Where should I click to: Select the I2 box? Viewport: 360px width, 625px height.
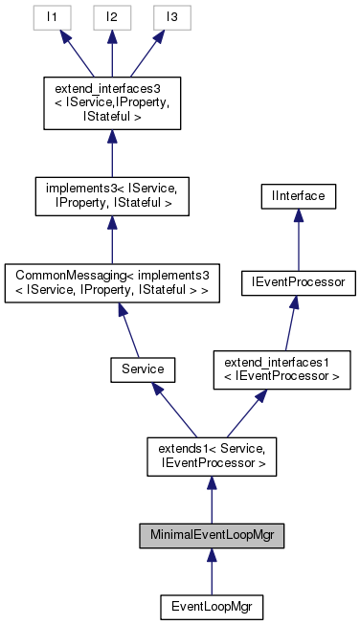(x=112, y=18)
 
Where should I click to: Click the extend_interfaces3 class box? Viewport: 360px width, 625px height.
(x=112, y=102)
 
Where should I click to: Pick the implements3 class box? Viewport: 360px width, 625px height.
(x=112, y=194)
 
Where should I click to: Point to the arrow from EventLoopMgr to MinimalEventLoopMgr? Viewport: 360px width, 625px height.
(x=212, y=572)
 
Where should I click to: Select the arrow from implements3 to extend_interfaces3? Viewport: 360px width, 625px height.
(x=112, y=151)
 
